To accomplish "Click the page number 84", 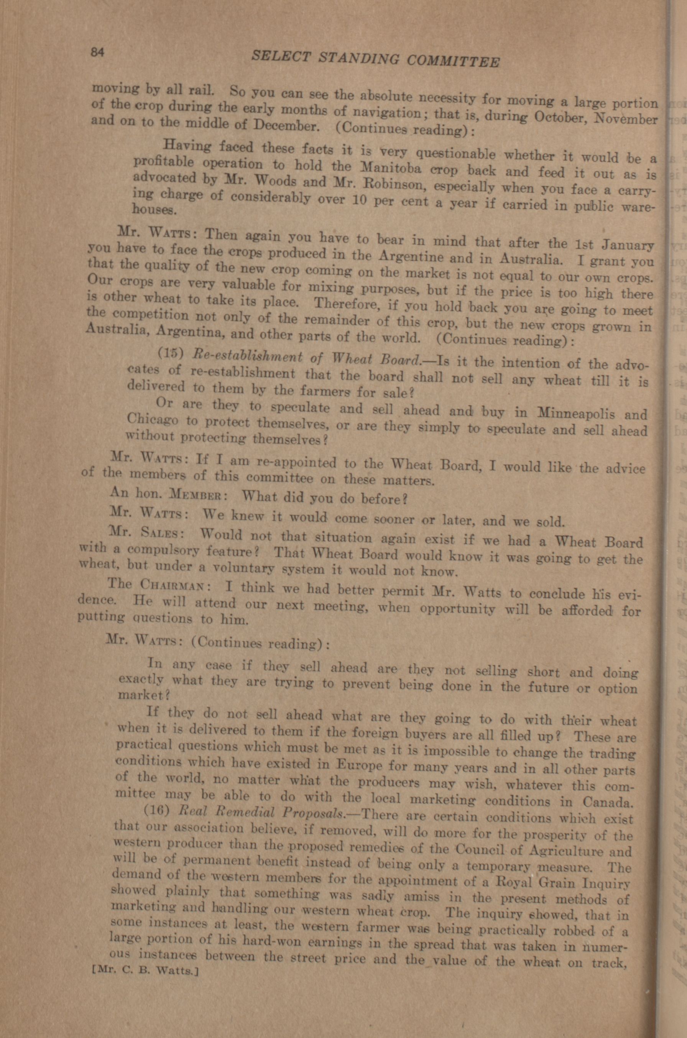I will point(97,52).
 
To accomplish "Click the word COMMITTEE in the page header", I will point(454,60).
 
